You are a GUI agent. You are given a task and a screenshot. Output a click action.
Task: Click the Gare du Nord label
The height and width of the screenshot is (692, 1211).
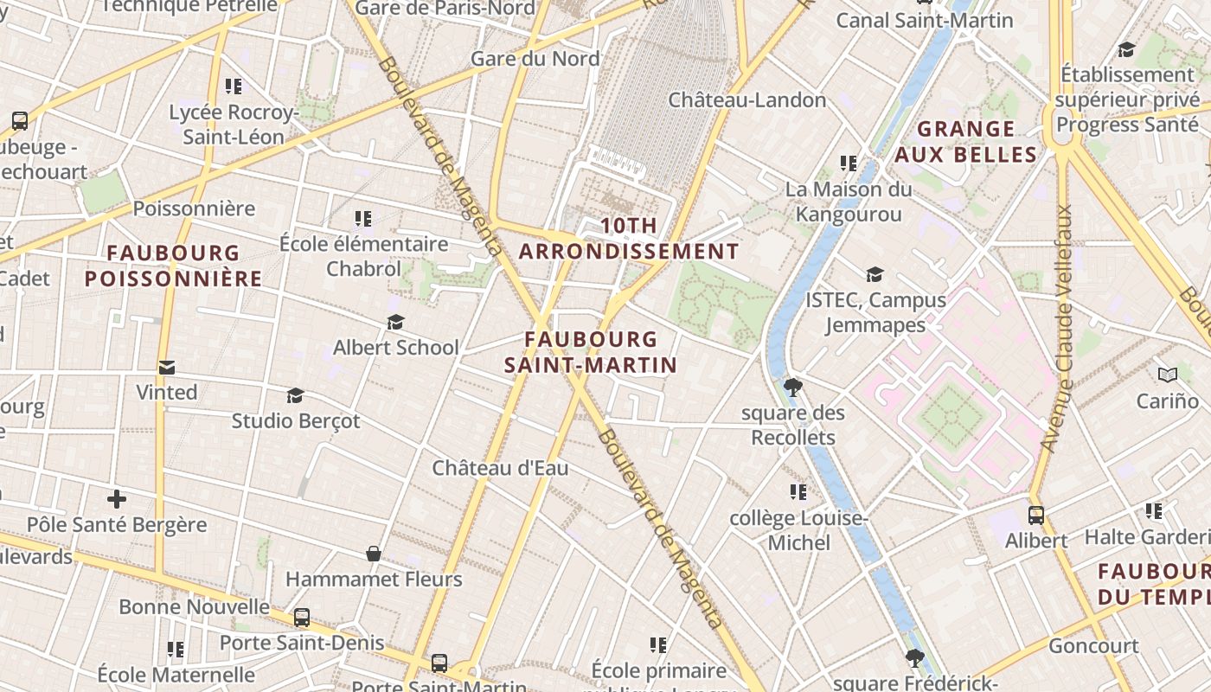(x=535, y=59)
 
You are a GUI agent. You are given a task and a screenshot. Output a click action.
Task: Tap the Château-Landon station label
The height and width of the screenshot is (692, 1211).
(x=747, y=99)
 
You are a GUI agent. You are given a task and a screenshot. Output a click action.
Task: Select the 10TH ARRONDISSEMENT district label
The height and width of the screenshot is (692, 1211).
(x=629, y=239)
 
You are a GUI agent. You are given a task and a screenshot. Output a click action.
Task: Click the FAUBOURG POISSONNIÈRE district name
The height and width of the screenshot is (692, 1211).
(x=173, y=266)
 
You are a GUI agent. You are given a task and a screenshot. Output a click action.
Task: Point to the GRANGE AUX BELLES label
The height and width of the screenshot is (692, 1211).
(x=965, y=142)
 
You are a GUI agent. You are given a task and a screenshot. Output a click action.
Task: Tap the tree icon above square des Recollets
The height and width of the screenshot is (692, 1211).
(x=792, y=387)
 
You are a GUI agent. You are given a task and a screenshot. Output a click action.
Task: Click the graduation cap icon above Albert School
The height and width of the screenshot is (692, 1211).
(x=395, y=322)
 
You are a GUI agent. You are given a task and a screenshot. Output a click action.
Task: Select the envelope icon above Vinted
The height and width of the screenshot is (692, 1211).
(x=167, y=368)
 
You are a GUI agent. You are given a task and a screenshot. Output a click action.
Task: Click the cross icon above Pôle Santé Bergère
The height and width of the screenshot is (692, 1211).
(x=117, y=499)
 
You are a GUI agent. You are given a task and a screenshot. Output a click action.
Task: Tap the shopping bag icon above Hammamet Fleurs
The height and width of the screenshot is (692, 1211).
(x=374, y=554)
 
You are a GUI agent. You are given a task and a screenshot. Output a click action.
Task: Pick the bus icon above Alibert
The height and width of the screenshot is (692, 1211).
(x=1036, y=516)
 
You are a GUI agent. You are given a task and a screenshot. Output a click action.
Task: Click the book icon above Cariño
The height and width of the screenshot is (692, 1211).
(x=1168, y=375)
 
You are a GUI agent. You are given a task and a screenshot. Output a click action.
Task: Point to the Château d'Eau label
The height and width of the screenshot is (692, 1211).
(x=500, y=468)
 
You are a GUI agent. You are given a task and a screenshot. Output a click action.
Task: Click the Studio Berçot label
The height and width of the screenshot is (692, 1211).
(x=296, y=420)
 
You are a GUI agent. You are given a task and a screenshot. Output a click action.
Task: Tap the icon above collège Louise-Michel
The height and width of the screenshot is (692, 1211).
(x=798, y=492)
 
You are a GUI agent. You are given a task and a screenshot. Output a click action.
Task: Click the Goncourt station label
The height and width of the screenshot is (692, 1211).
(x=1093, y=645)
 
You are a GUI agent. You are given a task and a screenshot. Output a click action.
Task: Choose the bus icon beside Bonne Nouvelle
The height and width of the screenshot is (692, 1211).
(x=302, y=618)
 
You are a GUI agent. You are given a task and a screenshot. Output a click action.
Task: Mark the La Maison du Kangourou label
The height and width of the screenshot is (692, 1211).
(x=849, y=201)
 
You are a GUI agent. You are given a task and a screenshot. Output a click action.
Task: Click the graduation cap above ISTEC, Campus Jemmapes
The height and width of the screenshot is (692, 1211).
(x=875, y=275)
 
